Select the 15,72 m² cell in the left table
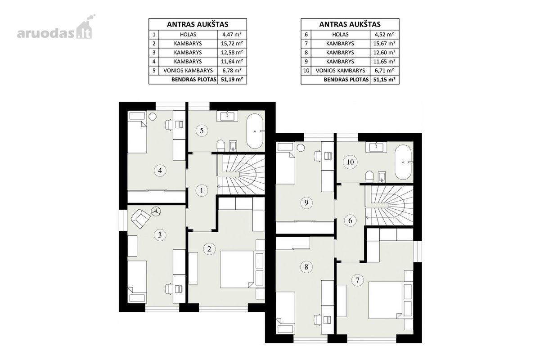click(x=232, y=44)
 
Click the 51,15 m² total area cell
click(x=384, y=80)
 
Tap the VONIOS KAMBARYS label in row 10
click(x=340, y=71)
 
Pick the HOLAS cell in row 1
click(x=188, y=35)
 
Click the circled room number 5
click(x=202, y=130)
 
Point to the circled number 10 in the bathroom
click(x=350, y=162)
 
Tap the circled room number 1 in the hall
click(x=202, y=191)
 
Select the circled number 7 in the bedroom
click(x=357, y=280)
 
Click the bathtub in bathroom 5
click(x=255, y=131)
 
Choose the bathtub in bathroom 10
click(x=403, y=162)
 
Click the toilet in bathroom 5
click(x=221, y=145)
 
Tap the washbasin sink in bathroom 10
click(x=376, y=147)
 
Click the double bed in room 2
click(x=237, y=270)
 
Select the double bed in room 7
click(x=385, y=300)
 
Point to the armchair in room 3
click(x=140, y=219)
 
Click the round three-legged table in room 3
click(x=156, y=211)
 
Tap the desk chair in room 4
click(x=169, y=125)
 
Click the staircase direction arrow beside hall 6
click(x=367, y=217)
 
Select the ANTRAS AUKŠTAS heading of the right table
click(x=350, y=24)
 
